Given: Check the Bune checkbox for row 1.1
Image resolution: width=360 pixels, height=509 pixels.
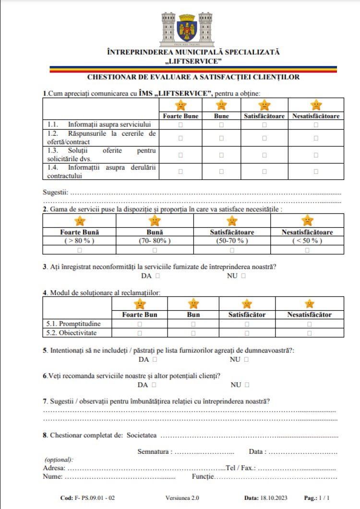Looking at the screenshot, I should click(x=221, y=125).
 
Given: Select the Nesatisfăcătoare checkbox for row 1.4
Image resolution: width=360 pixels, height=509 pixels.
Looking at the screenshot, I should click(x=316, y=171).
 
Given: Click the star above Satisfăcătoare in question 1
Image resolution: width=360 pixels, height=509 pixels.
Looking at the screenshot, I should click(x=264, y=105).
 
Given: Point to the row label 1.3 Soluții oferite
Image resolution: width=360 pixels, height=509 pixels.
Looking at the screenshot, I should click(x=102, y=154).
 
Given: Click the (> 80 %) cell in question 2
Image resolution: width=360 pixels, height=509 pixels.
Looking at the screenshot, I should click(x=80, y=240).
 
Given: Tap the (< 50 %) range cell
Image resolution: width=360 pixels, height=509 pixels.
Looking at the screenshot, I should click(x=307, y=240).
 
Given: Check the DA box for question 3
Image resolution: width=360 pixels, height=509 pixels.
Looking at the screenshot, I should click(x=157, y=276).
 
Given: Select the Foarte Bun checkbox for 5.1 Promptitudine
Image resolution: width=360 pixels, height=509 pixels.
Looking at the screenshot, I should click(x=140, y=324).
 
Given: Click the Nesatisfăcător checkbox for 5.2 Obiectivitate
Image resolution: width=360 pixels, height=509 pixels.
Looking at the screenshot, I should click(x=309, y=332).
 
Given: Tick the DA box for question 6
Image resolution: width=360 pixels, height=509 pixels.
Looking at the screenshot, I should click(x=154, y=385).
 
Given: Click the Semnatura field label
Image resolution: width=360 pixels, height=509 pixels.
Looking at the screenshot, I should click(x=155, y=451).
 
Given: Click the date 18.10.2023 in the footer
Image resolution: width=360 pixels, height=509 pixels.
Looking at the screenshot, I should click(x=272, y=498).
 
